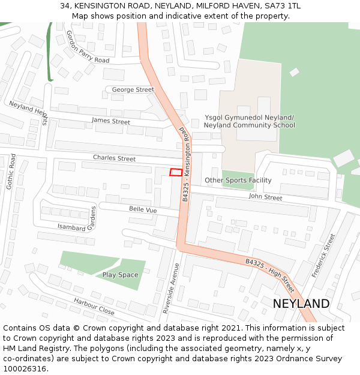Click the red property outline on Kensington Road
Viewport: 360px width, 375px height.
[175, 172]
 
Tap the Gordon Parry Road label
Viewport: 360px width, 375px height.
[88, 47]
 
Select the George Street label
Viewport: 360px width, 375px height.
[133, 89]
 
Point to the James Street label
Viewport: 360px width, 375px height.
[111, 121]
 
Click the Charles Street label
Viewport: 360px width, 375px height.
[114, 158]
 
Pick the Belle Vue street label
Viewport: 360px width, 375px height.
[143, 209]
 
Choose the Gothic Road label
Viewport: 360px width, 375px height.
[10, 172]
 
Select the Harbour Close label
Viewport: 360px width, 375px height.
[94, 306]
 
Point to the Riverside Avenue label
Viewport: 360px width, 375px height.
[171, 288]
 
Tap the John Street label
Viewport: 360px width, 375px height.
[265, 197]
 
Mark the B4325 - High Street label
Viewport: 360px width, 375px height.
[270, 271]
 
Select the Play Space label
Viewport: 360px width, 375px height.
[120, 275]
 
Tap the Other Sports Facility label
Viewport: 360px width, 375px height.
[238, 180]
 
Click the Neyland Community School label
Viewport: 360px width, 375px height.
[249, 125]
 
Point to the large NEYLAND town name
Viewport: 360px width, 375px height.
[301, 304]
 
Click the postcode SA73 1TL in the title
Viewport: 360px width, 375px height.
[281, 6]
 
